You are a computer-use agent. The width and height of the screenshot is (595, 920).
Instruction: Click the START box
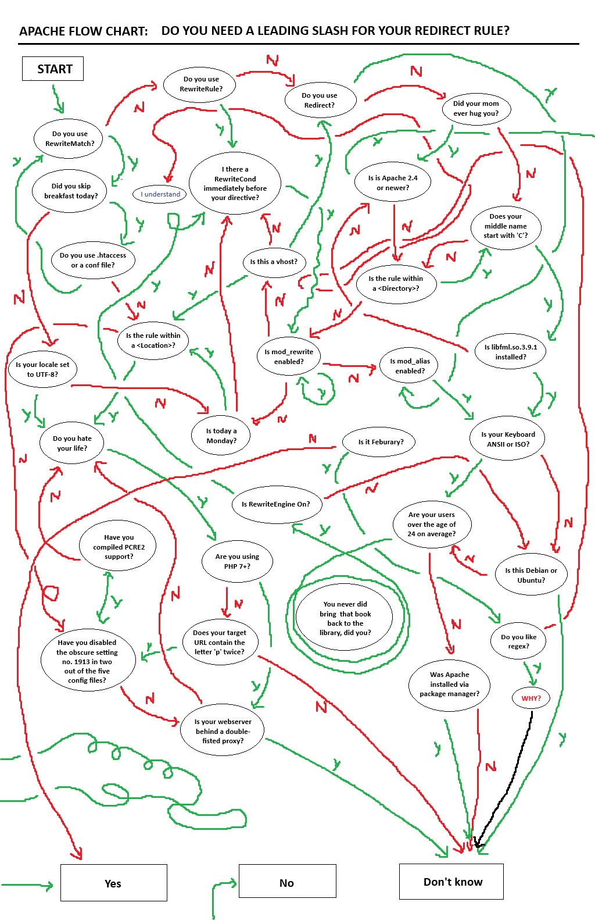[x=52, y=69]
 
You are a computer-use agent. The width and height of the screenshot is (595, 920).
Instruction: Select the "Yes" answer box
[x=114, y=883]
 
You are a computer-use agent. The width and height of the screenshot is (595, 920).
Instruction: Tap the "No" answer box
[x=287, y=883]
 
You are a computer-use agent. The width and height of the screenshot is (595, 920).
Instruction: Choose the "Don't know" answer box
[x=451, y=882]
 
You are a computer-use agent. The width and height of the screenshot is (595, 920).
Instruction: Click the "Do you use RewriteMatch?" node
[x=68, y=139]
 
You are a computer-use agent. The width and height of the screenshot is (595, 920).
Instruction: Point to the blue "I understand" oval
[x=160, y=194]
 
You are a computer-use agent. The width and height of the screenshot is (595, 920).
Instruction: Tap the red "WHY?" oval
[x=531, y=698]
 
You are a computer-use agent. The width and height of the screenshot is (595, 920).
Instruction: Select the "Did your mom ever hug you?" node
[x=476, y=108]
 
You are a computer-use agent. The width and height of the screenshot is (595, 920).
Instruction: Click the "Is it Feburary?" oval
[x=379, y=442]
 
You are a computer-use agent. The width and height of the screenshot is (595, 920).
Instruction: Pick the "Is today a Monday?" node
[x=221, y=436]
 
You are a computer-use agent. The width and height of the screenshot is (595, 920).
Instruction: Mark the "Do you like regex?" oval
[x=518, y=641]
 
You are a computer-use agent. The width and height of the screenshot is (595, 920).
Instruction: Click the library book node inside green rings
[x=344, y=618]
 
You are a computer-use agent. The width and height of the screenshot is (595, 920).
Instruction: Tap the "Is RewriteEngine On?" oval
[x=277, y=504]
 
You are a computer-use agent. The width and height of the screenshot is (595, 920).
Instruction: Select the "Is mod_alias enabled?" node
[x=408, y=366]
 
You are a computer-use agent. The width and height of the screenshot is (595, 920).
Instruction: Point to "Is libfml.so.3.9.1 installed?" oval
[x=510, y=352]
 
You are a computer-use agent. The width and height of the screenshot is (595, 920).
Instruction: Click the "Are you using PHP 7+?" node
[x=237, y=561]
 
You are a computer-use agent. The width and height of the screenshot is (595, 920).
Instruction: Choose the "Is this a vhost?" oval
[x=274, y=262]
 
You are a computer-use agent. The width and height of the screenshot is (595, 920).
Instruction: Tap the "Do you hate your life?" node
[x=72, y=443]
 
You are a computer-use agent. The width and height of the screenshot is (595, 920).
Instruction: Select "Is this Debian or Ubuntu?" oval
[x=531, y=575]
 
